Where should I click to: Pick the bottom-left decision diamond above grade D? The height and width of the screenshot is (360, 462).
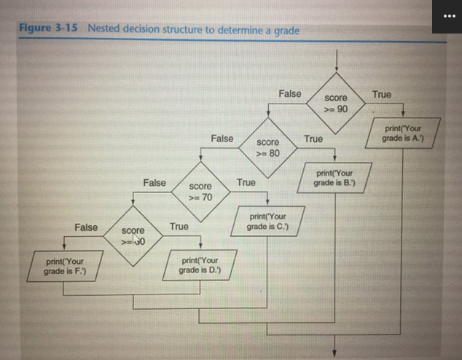pos(132,237)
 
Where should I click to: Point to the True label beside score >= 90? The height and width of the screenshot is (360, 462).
pos(381,95)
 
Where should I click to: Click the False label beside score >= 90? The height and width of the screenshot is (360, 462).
pos(289,94)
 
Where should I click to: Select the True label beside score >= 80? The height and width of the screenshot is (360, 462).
pos(313,138)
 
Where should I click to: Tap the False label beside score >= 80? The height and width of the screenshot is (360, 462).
pos(222,138)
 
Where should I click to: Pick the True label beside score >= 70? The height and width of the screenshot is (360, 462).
pos(246,182)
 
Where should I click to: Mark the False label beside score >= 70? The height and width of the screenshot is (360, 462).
pos(154,182)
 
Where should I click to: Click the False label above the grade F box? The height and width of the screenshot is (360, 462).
pos(86,227)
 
